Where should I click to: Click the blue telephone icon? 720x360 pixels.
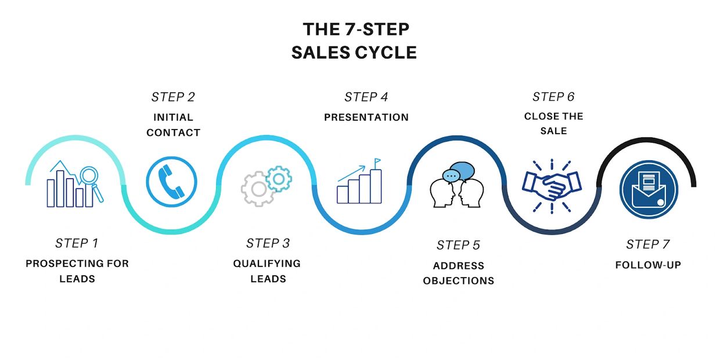click(172, 182)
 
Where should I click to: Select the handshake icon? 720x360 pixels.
click(552, 186)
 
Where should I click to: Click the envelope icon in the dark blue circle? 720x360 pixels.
click(649, 190)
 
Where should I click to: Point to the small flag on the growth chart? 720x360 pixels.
click(377, 161)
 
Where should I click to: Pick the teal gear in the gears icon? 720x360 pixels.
click(279, 179)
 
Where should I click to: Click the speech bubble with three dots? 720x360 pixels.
click(451, 176)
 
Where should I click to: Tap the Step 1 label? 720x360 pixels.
click(77, 243)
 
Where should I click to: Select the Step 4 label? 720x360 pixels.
click(366, 97)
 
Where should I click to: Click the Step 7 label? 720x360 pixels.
click(647, 244)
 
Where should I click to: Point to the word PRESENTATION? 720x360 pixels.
click(366, 117)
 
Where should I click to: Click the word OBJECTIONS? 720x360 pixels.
click(458, 280)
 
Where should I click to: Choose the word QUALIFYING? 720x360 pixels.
click(267, 264)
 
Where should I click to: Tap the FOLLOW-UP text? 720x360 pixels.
click(648, 265)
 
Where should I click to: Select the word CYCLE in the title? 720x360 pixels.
click(386, 52)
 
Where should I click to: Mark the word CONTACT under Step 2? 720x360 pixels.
click(173, 132)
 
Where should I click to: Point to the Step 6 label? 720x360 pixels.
click(553, 97)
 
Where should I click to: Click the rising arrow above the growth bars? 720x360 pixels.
click(351, 174)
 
